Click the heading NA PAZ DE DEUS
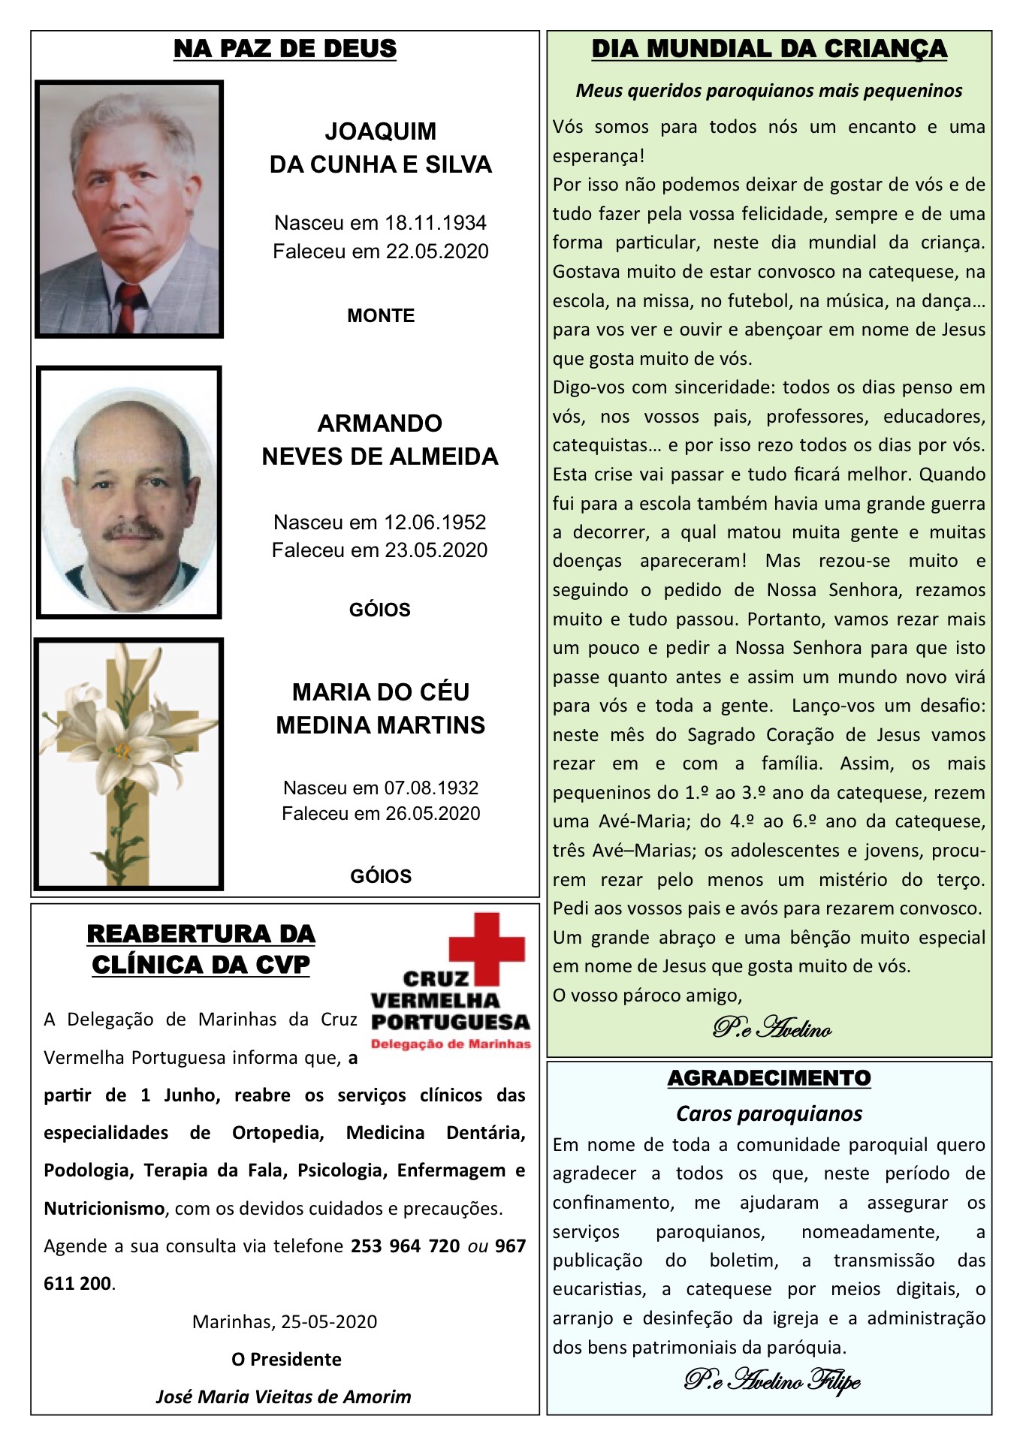pos(285,49)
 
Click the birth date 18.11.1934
pos(436,223)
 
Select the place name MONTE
pos(381,315)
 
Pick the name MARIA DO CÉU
pos(381,691)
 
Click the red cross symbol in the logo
pos(487,947)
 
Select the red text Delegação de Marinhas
pos(451,1044)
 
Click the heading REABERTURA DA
pos(201,934)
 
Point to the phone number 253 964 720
pos(405,1246)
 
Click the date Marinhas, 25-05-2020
pos(285,1321)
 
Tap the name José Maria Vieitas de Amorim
pos(284,1396)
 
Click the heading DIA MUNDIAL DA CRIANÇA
pos(769,49)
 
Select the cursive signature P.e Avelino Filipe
pos(772,1380)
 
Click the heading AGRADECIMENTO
pos(769,1078)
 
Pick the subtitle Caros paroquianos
pos(769,1113)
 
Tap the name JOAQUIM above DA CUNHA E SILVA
pos(381,131)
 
